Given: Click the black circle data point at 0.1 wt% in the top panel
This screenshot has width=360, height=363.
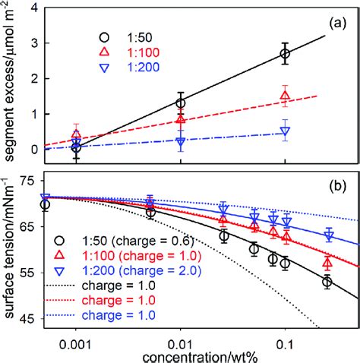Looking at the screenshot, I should coord(285,54).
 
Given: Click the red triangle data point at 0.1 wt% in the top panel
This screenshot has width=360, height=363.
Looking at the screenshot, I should coord(285,96).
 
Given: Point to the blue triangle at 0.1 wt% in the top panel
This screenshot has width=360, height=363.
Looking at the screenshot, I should coord(285,131).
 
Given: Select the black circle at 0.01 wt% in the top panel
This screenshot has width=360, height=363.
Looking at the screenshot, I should coord(180,103).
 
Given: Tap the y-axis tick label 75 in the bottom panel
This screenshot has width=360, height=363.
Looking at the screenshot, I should coord(29,181).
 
